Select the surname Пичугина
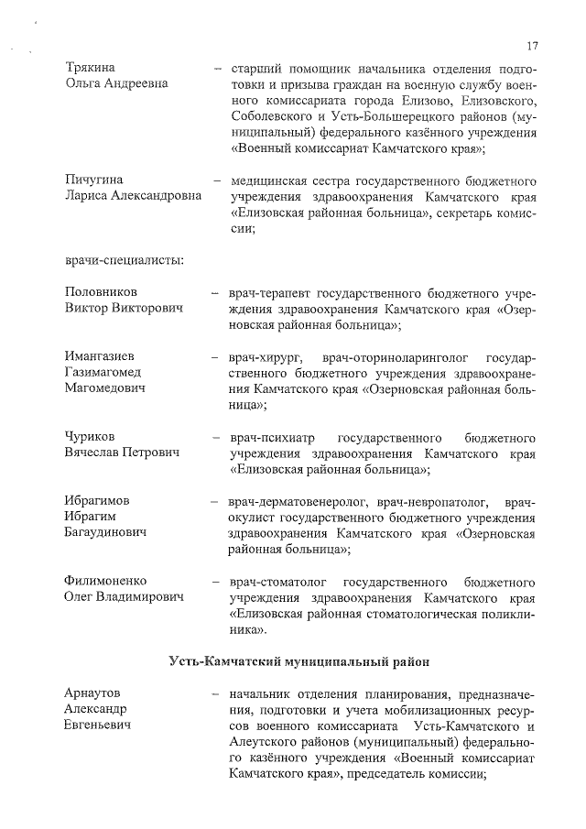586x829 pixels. [x=93, y=179]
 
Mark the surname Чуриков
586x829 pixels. [x=90, y=437]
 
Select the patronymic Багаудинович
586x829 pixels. [x=106, y=532]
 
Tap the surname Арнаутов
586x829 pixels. [x=92, y=693]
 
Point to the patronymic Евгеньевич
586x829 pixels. [x=97, y=725]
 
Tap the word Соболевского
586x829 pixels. [x=273, y=117]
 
